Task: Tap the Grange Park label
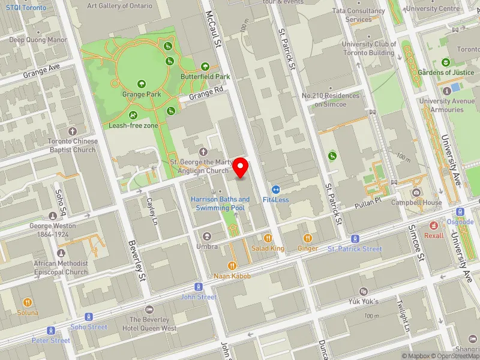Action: click(142, 94)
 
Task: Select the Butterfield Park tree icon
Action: click(205, 67)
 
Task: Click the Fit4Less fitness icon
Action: click(276, 189)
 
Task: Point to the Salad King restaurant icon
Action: click(268, 238)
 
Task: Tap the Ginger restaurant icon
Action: click(308, 238)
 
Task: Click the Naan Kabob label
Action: click(232, 276)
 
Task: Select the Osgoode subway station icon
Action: click(461, 211)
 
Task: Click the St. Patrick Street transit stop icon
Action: click(355, 238)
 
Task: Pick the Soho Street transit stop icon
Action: click(89, 316)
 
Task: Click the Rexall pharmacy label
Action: click(434, 235)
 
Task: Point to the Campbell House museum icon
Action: click(416, 193)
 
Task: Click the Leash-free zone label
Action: click(133, 126)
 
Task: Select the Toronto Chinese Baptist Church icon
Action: click(73, 131)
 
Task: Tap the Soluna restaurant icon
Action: click(28, 302)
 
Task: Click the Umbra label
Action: click(207, 247)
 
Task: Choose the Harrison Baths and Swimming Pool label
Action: click(220, 203)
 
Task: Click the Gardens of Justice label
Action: click(446, 73)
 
